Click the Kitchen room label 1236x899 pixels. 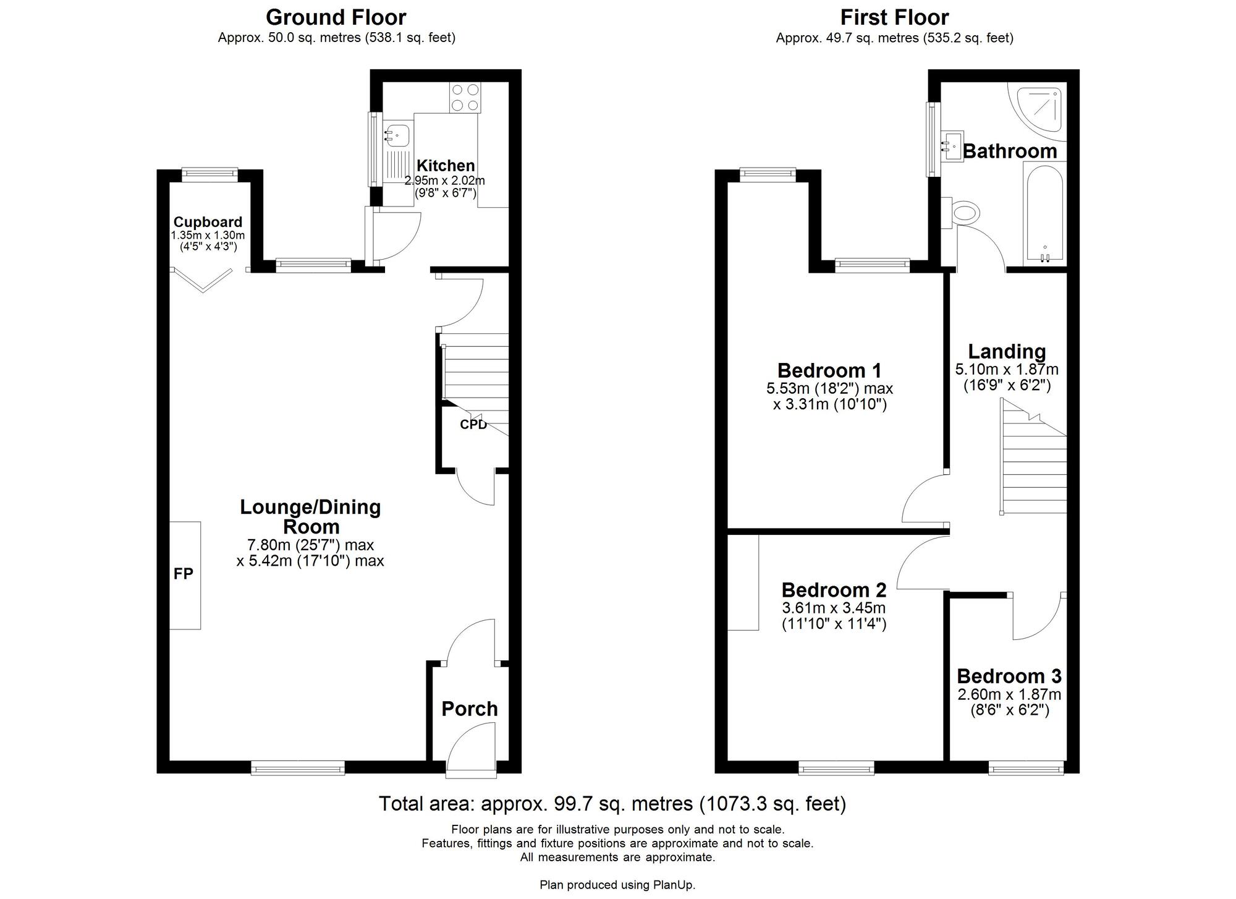tap(446, 166)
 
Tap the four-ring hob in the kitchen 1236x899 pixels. tap(465, 98)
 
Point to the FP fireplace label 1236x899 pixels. tap(184, 574)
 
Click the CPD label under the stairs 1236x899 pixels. tap(473, 425)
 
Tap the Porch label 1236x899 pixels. tap(470, 709)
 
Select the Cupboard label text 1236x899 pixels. tap(208, 222)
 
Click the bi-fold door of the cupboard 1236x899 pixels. tap(202, 279)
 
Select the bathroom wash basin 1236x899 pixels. tap(952, 147)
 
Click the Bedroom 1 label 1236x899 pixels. tap(829, 370)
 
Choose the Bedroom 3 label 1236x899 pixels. tap(1009, 676)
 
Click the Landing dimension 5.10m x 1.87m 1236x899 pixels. tap(1007, 370)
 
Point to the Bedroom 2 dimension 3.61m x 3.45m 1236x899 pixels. tap(834, 608)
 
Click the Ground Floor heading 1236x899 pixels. tap(336, 17)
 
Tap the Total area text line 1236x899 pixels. tap(612, 804)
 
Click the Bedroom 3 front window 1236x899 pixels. tap(1026, 769)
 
